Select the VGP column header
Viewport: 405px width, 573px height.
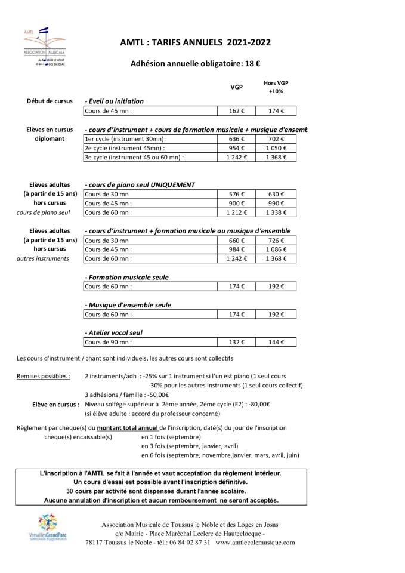(x=236, y=87)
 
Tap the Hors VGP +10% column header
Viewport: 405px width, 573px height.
(x=276, y=87)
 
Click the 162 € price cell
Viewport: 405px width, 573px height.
(x=236, y=111)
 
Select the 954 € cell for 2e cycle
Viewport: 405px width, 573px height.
(x=236, y=148)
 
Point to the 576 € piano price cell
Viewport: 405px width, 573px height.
(x=236, y=194)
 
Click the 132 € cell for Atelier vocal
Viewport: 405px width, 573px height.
(x=236, y=342)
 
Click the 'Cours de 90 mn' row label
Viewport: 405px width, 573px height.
(x=108, y=342)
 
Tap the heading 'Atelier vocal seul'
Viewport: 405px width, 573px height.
(x=115, y=332)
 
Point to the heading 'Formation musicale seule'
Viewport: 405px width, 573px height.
(x=127, y=277)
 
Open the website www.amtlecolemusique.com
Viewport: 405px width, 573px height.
(x=255, y=543)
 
